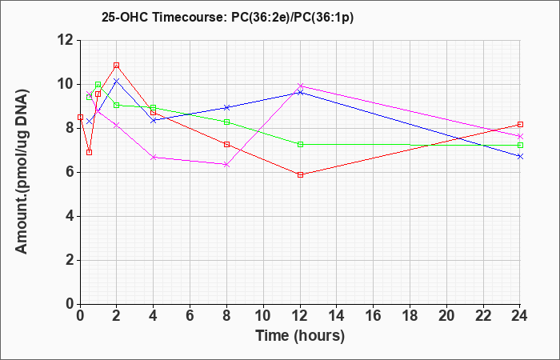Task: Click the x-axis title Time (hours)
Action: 300,336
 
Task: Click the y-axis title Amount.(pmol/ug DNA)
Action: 22,171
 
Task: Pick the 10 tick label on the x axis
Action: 263,316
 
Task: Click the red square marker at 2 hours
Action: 117,66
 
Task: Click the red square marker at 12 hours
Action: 300,174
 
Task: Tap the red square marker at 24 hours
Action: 520,124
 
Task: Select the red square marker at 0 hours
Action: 80,117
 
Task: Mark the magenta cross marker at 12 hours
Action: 300,86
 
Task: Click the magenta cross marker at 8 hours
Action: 226,164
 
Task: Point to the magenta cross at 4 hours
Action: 154,157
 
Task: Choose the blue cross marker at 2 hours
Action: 117,81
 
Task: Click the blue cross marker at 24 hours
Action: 520,157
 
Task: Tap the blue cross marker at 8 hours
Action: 226,107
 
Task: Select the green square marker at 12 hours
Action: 300,144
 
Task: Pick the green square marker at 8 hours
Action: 226,122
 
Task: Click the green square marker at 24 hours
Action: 520,146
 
